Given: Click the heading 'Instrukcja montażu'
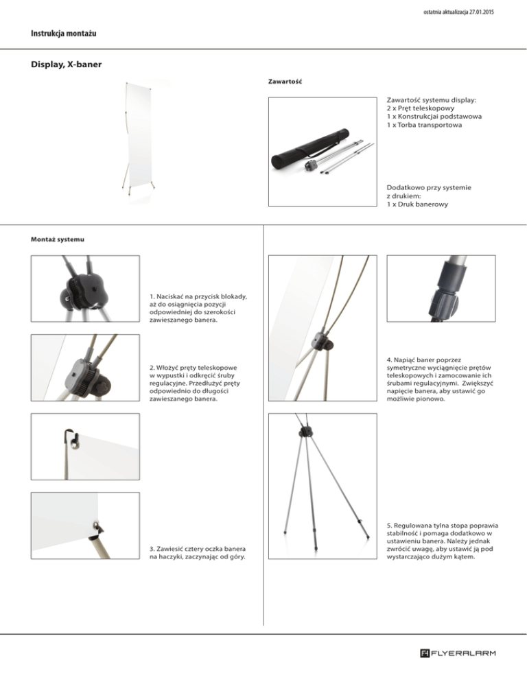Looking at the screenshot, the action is [64, 34].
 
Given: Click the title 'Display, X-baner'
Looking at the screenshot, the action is [66, 64].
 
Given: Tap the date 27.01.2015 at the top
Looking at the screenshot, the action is [481, 12].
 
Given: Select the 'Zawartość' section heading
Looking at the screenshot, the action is [285, 82].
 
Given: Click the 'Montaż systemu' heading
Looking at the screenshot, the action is [58, 239].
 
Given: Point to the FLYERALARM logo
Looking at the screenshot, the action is [458, 653].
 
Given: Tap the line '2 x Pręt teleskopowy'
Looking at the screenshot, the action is [421, 108].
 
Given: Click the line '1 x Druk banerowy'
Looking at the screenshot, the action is [417, 204].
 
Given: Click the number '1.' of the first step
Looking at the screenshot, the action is [152, 296].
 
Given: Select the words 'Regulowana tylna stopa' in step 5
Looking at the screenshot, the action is [430, 526].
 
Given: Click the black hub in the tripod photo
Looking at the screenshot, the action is [305, 432].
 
